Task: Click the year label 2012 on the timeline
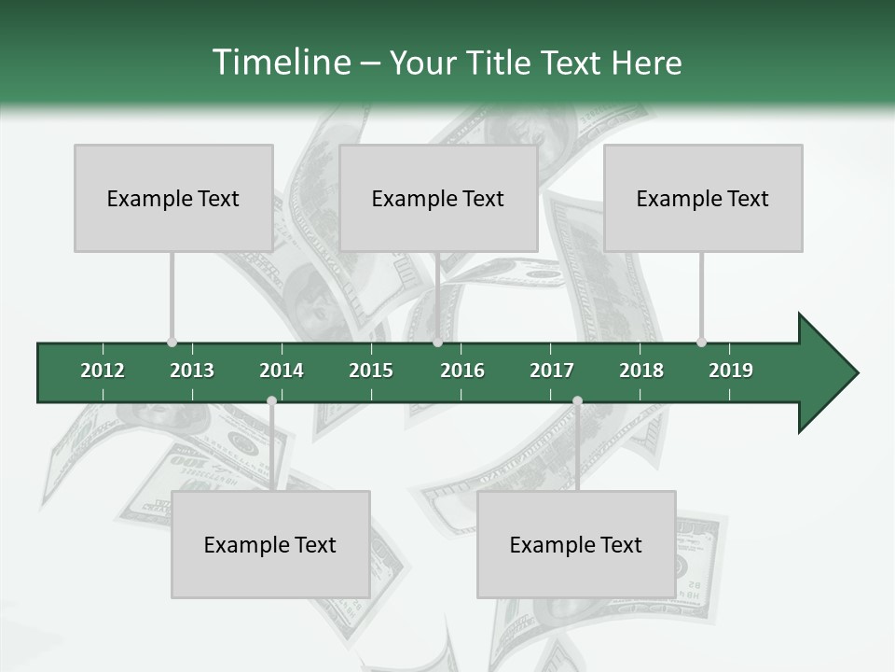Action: point(103,371)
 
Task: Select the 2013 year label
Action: point(192,371)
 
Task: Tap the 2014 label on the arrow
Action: point(282,371)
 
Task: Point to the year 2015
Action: point(371,371)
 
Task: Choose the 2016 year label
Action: point(462,371)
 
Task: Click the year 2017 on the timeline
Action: point(552,371)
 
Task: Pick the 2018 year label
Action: point(641,371)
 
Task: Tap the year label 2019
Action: point(731,371)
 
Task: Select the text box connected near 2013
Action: point(173,198)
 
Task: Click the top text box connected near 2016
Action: point(438,198)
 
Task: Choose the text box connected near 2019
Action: point(703,198)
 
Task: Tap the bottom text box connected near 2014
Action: point(270,544)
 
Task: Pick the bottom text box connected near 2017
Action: point(576,544)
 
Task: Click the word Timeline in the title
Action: point(280,63)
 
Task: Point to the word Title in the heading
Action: point(500,63)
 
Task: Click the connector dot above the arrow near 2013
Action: point(172,342)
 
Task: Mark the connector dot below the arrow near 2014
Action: point(271,401)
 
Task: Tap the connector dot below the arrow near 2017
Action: point(577,401)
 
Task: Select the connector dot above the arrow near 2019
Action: point(701,342)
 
